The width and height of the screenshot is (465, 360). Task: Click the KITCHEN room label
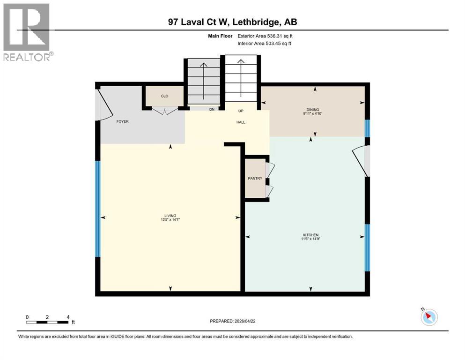click(310, 235)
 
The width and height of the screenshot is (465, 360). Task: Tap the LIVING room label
click(170, 216)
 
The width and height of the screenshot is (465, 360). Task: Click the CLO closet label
click(164, 96)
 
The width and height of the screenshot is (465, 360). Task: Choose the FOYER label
click(122, 121)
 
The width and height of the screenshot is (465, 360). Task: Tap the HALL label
click(241, 122)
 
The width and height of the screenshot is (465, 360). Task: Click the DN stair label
click(211, 110)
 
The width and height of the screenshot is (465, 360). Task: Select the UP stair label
click(241, 111)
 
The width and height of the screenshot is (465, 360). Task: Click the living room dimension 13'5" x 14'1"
click(170, 220)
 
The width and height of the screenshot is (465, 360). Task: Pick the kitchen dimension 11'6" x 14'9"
click(310, 239)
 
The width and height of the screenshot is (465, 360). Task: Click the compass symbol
click(429, 317)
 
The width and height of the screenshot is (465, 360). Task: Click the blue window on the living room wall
click(98, 209)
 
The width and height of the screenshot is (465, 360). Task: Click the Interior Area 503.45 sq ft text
click(265, 44)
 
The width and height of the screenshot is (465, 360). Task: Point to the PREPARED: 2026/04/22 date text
click(233, 321)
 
